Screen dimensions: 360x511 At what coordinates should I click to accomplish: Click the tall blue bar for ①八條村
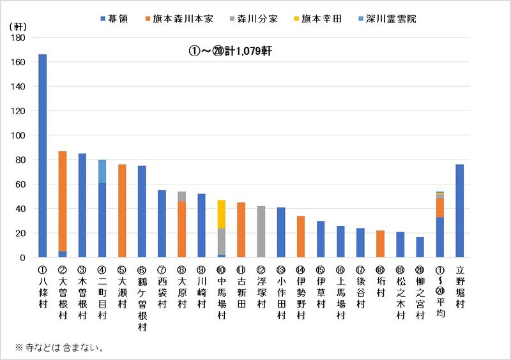point(43,156)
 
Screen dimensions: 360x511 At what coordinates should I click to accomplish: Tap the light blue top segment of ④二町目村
point(102,171)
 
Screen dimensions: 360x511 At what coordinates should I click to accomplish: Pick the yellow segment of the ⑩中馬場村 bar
point(221,214)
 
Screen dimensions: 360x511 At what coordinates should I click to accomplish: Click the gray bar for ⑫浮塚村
point(261,232)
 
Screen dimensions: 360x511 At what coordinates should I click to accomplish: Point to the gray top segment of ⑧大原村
point(181,196)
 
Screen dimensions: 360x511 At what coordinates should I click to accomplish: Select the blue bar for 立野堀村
point(459,211)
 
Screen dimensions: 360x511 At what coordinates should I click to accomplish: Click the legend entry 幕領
point(119,19)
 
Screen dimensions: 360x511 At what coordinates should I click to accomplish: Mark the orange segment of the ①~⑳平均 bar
point(439,207)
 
